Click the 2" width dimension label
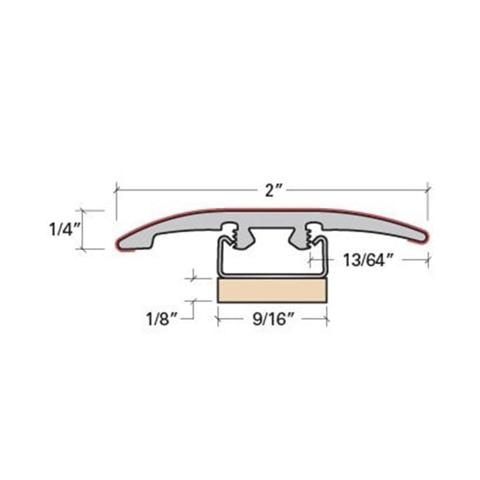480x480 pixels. click(x=271, y=191)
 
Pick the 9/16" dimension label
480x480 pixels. click(x=271, y=319)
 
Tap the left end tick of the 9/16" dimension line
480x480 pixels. click(x=217, y=319)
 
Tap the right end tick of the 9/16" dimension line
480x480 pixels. click(x=326, y=319)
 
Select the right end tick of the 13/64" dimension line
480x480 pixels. click(x=427, y=260)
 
